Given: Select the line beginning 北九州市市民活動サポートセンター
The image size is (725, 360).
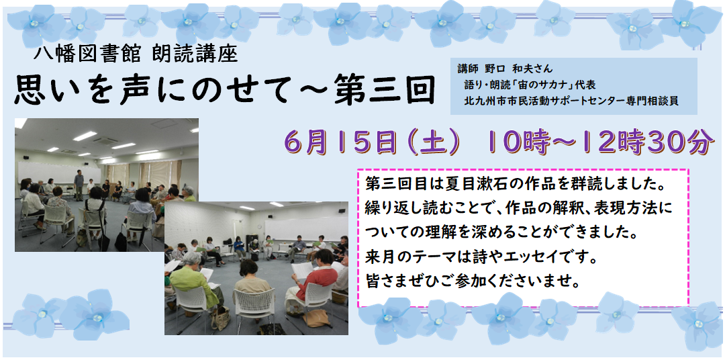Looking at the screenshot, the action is pyautogui.click(x=571, y=101).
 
